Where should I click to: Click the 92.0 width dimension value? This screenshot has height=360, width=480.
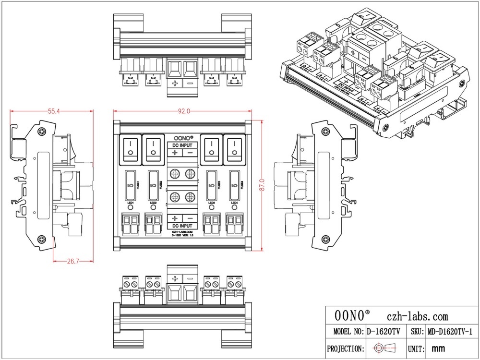point(184,111)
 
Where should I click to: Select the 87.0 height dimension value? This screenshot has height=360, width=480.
point(262,185)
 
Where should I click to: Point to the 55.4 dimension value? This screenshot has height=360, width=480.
point(53,111)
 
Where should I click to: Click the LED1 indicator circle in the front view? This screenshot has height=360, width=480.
point(130,209)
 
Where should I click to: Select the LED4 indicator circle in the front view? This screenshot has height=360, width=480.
point(234,209)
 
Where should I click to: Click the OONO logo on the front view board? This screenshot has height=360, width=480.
point(183,137)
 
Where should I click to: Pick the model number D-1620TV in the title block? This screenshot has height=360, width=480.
point(384,332)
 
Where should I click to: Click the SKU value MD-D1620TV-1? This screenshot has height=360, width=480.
point(450,332)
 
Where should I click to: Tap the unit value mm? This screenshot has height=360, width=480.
point(438,348)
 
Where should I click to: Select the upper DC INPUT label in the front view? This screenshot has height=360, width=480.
point(182,145)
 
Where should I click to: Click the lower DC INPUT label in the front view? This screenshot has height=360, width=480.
point(182,226)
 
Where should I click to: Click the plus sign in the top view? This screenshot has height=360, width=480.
point(175,84)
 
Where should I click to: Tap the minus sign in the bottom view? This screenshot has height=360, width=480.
point(190,278)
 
